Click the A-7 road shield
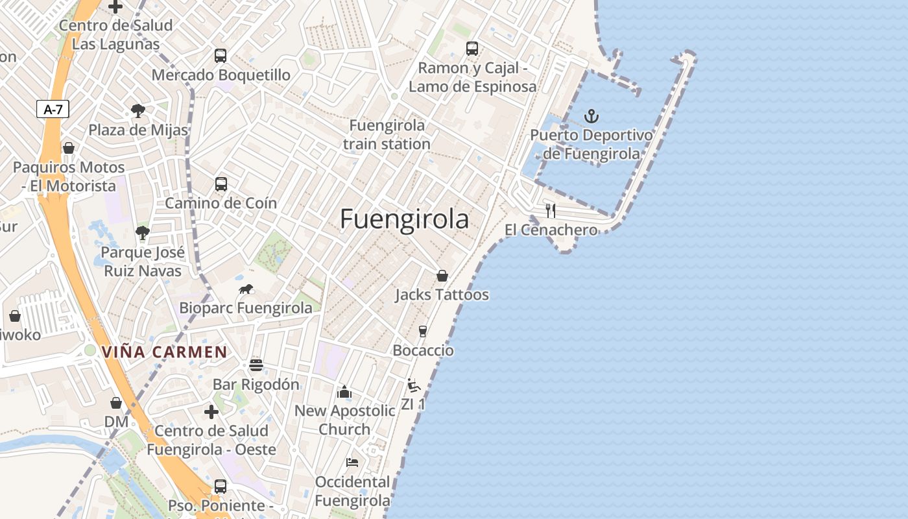pyautogui.click(x=53, y=109)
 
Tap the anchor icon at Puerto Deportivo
pyautogui.click(x=591, y=117)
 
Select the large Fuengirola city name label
pyautogui.click(x=404, y=219)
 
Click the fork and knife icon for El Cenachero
pyautogui.click(x=551, y=210)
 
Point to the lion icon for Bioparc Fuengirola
pyautogui.click(x=245, y=289)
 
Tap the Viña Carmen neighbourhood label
pyautogui.click(x=164, y=352)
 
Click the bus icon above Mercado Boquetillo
pyautogui.click(x=221, y=56)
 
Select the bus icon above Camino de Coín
pyautogui.click(x=221, y=184)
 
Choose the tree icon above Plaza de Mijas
pyautogui.click(x=137, y=110)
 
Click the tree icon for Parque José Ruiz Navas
pyautogui.click(x=143, y=232)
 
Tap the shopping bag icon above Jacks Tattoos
pyautogui.click(x=442, y=276)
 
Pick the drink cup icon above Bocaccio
pyautogui.click(x=423, y=332)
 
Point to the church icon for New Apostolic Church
pyautogui.click(x=344, y=392)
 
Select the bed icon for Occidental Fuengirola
pyautogui.click(x=352, y=463)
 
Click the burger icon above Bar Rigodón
pyautogui.click(x=256, y=365)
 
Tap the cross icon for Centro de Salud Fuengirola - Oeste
pyautogui.click(x=211, y=412)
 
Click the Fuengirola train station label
pyautogui.click(x=387, y=134)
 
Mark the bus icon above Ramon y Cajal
pyautogui.click(x=472, y=49)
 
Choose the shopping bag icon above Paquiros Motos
pyautogui.click(x=69, y=148)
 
